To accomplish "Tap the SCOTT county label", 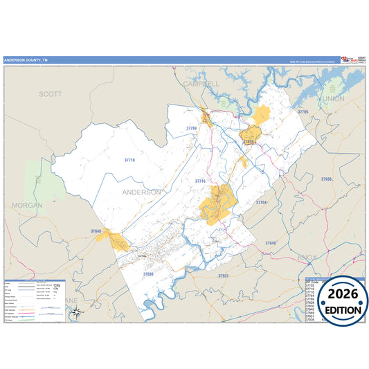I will tap(50, 93).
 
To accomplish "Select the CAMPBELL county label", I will tap(201, 84).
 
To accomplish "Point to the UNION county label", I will tap(333, 99).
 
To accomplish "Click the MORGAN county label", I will tap(27, 206).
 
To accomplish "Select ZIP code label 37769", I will tap(191, 129).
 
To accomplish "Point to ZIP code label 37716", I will tap(201, 181).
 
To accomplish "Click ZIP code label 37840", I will tap(96, 231).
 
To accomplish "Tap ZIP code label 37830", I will tap(147, 274).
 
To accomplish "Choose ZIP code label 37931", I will tap(223, 276).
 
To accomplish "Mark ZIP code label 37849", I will tap(270, 243).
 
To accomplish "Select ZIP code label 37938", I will tap(326, 179).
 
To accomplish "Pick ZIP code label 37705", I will tap(303, 111).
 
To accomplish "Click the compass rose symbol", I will tap(78, 312).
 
